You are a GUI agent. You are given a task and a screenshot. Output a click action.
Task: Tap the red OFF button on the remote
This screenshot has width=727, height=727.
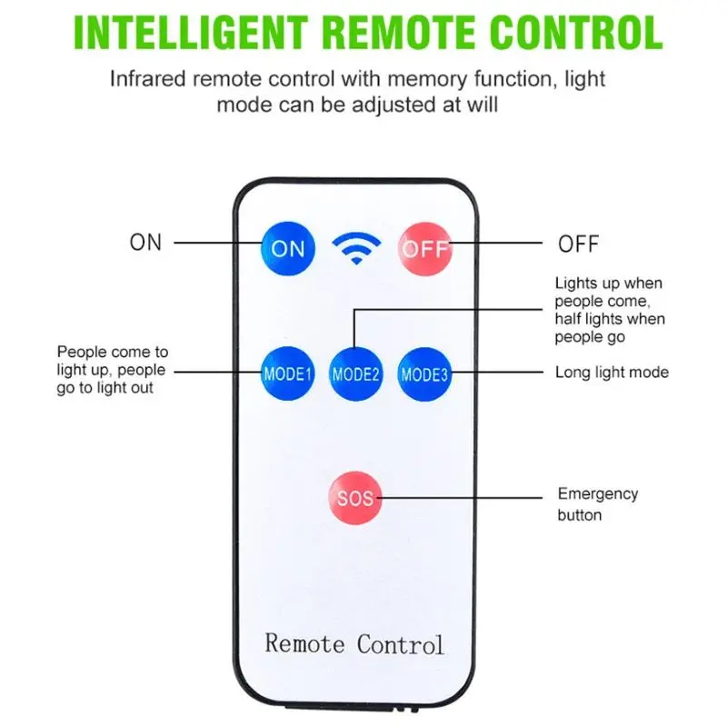[x=424, y=246]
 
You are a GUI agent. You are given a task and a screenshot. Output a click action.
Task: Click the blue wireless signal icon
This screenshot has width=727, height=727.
[x=355, y=247]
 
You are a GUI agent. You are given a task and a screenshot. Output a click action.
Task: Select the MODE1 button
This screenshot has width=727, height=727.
[x=287, y=373]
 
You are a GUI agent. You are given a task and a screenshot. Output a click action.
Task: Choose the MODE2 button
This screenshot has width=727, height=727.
[x=355, y=373]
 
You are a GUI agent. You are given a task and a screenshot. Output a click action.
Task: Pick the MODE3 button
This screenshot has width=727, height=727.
[x=424, y=373]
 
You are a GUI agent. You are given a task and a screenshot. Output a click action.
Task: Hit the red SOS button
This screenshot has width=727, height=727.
[x=355, y=497]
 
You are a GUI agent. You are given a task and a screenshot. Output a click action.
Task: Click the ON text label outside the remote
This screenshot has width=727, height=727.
[x=145, y=243]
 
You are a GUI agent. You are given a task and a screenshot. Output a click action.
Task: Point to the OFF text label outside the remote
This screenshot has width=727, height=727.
[x=579, y=244]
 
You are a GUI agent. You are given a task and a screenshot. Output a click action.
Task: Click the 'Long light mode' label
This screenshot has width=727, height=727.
[x=612, y=373]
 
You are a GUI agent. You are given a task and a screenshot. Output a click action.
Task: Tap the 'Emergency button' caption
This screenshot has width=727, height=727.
[x=597, y=504]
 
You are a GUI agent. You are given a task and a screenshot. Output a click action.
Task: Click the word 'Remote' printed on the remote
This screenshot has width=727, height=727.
[x=305, y=643]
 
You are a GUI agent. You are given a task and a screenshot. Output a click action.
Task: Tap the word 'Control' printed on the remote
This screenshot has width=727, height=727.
[x=400, y=643]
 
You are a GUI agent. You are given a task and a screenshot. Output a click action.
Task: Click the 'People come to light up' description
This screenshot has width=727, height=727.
[x=113, y=370]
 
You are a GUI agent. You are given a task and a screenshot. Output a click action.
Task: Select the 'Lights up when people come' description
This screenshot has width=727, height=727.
[x=610, y=310]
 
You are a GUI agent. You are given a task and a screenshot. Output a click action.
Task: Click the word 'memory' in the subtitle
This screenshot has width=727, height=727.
[x=427, y=79]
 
